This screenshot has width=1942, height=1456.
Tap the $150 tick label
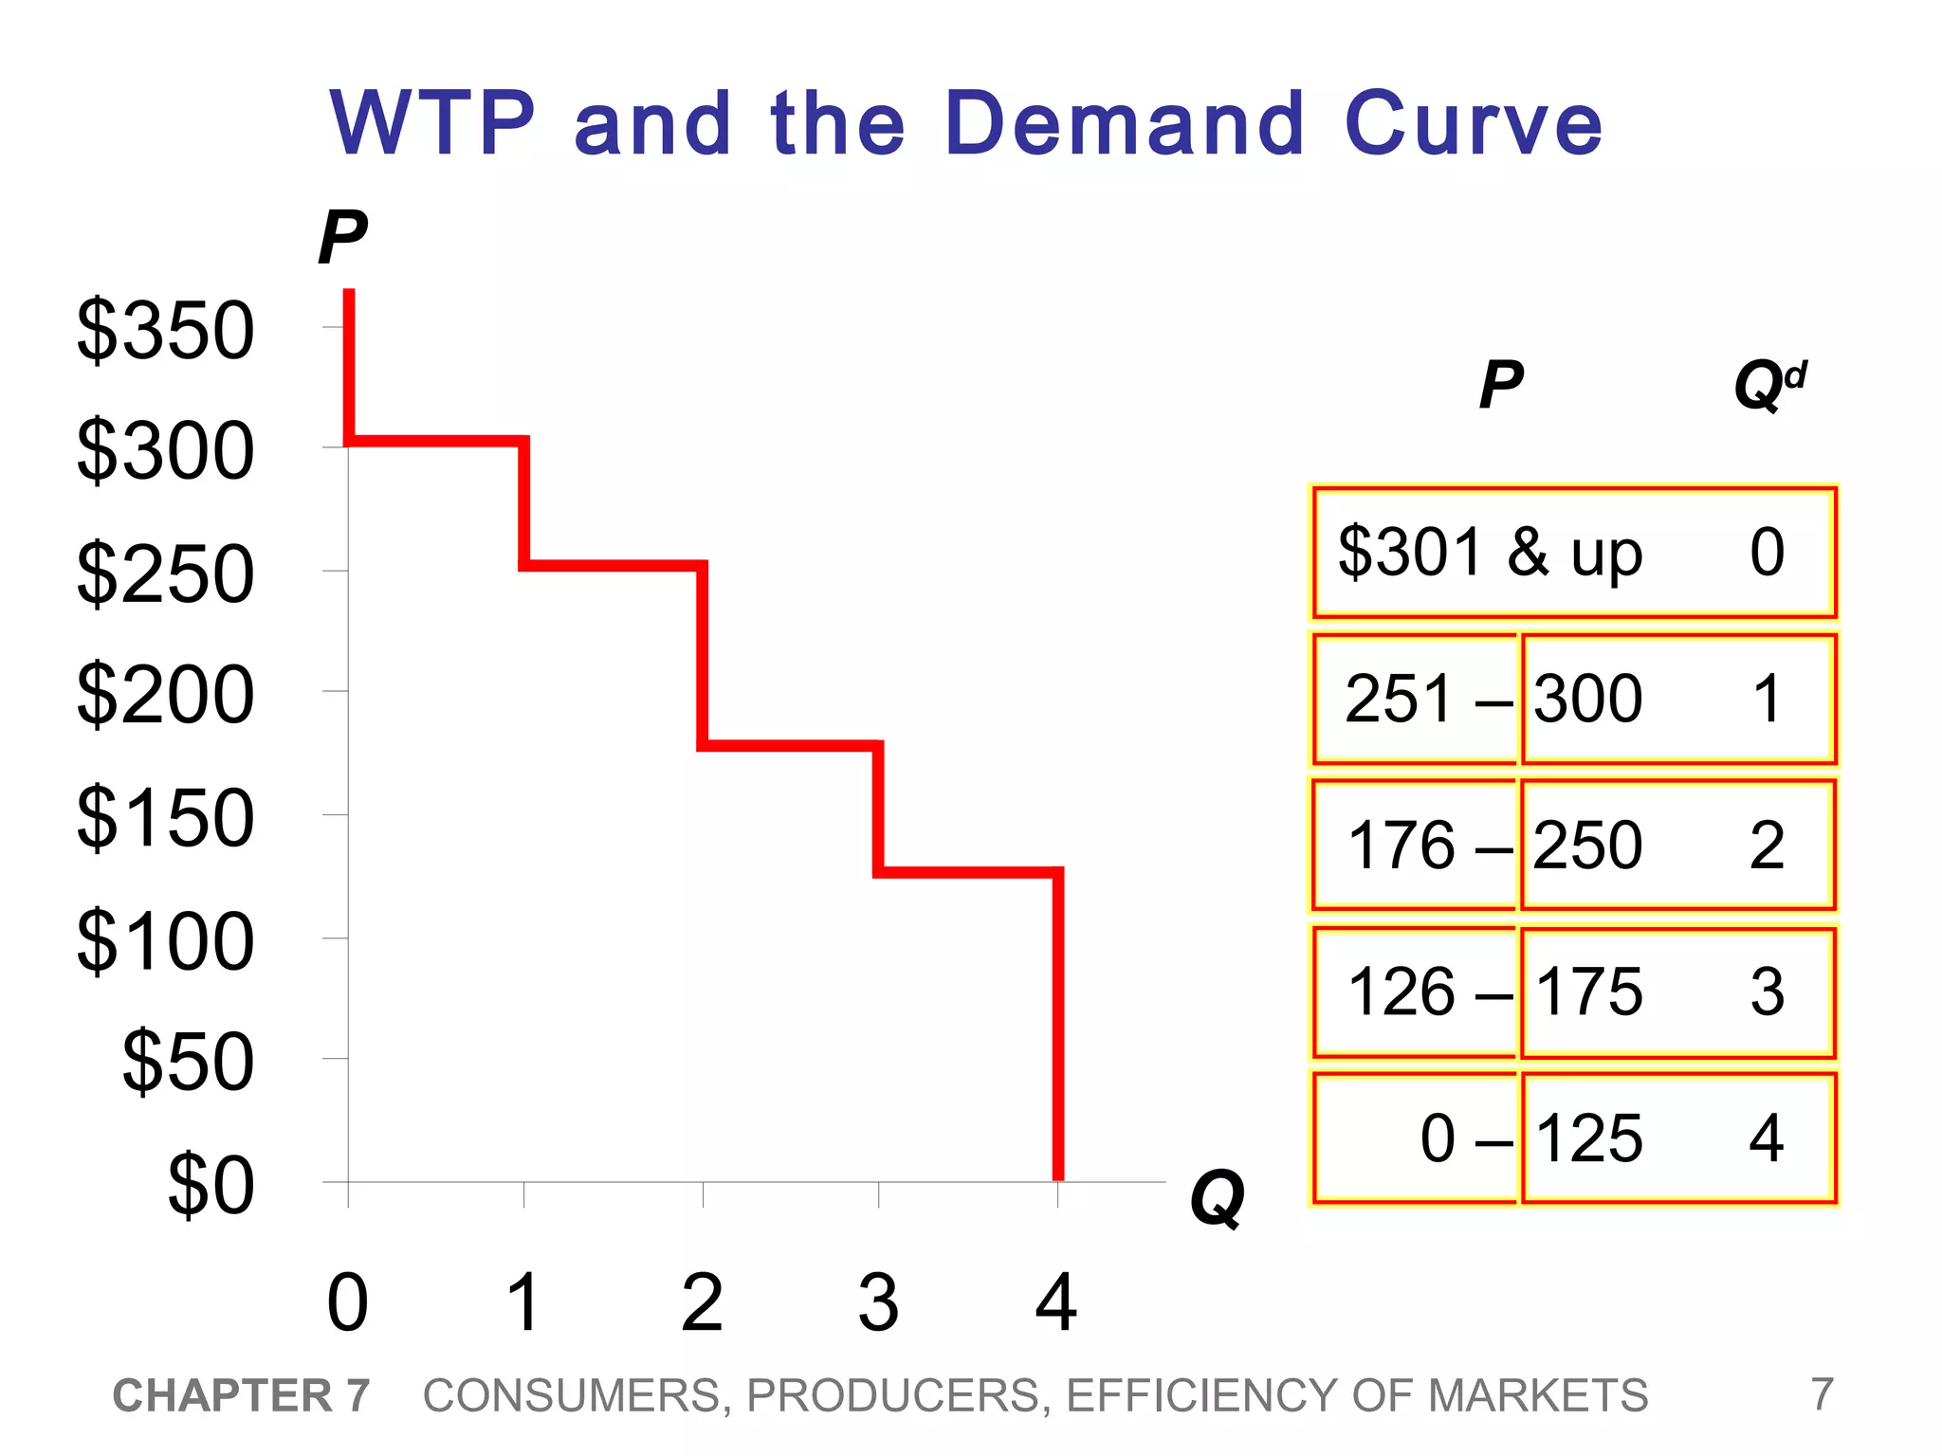(x=165, y=817)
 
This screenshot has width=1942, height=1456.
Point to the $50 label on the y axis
(x=188, y=1061)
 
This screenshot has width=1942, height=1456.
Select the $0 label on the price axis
(x=211, y=1184)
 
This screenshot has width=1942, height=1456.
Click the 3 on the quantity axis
(x=878, y=1303)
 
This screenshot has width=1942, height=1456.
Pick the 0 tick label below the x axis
(x=347, y=1303)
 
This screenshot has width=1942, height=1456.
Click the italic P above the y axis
(x=341, y=237)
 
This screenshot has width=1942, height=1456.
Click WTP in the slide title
(x=432, y=123)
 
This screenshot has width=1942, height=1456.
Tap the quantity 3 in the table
(x=1767, y=992)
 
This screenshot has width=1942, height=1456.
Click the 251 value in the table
(x=1399, y=699)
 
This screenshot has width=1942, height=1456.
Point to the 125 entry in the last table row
(x=1588, y=1138)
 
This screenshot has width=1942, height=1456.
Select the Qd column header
(x=1769, y=385)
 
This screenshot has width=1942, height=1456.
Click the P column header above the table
(x=1500, y=385)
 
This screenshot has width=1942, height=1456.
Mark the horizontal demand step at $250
(x=614, y=566)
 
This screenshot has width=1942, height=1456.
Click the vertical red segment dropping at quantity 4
(x=1058, y=1024)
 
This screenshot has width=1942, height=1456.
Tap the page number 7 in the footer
(x=1822, y=1394)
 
